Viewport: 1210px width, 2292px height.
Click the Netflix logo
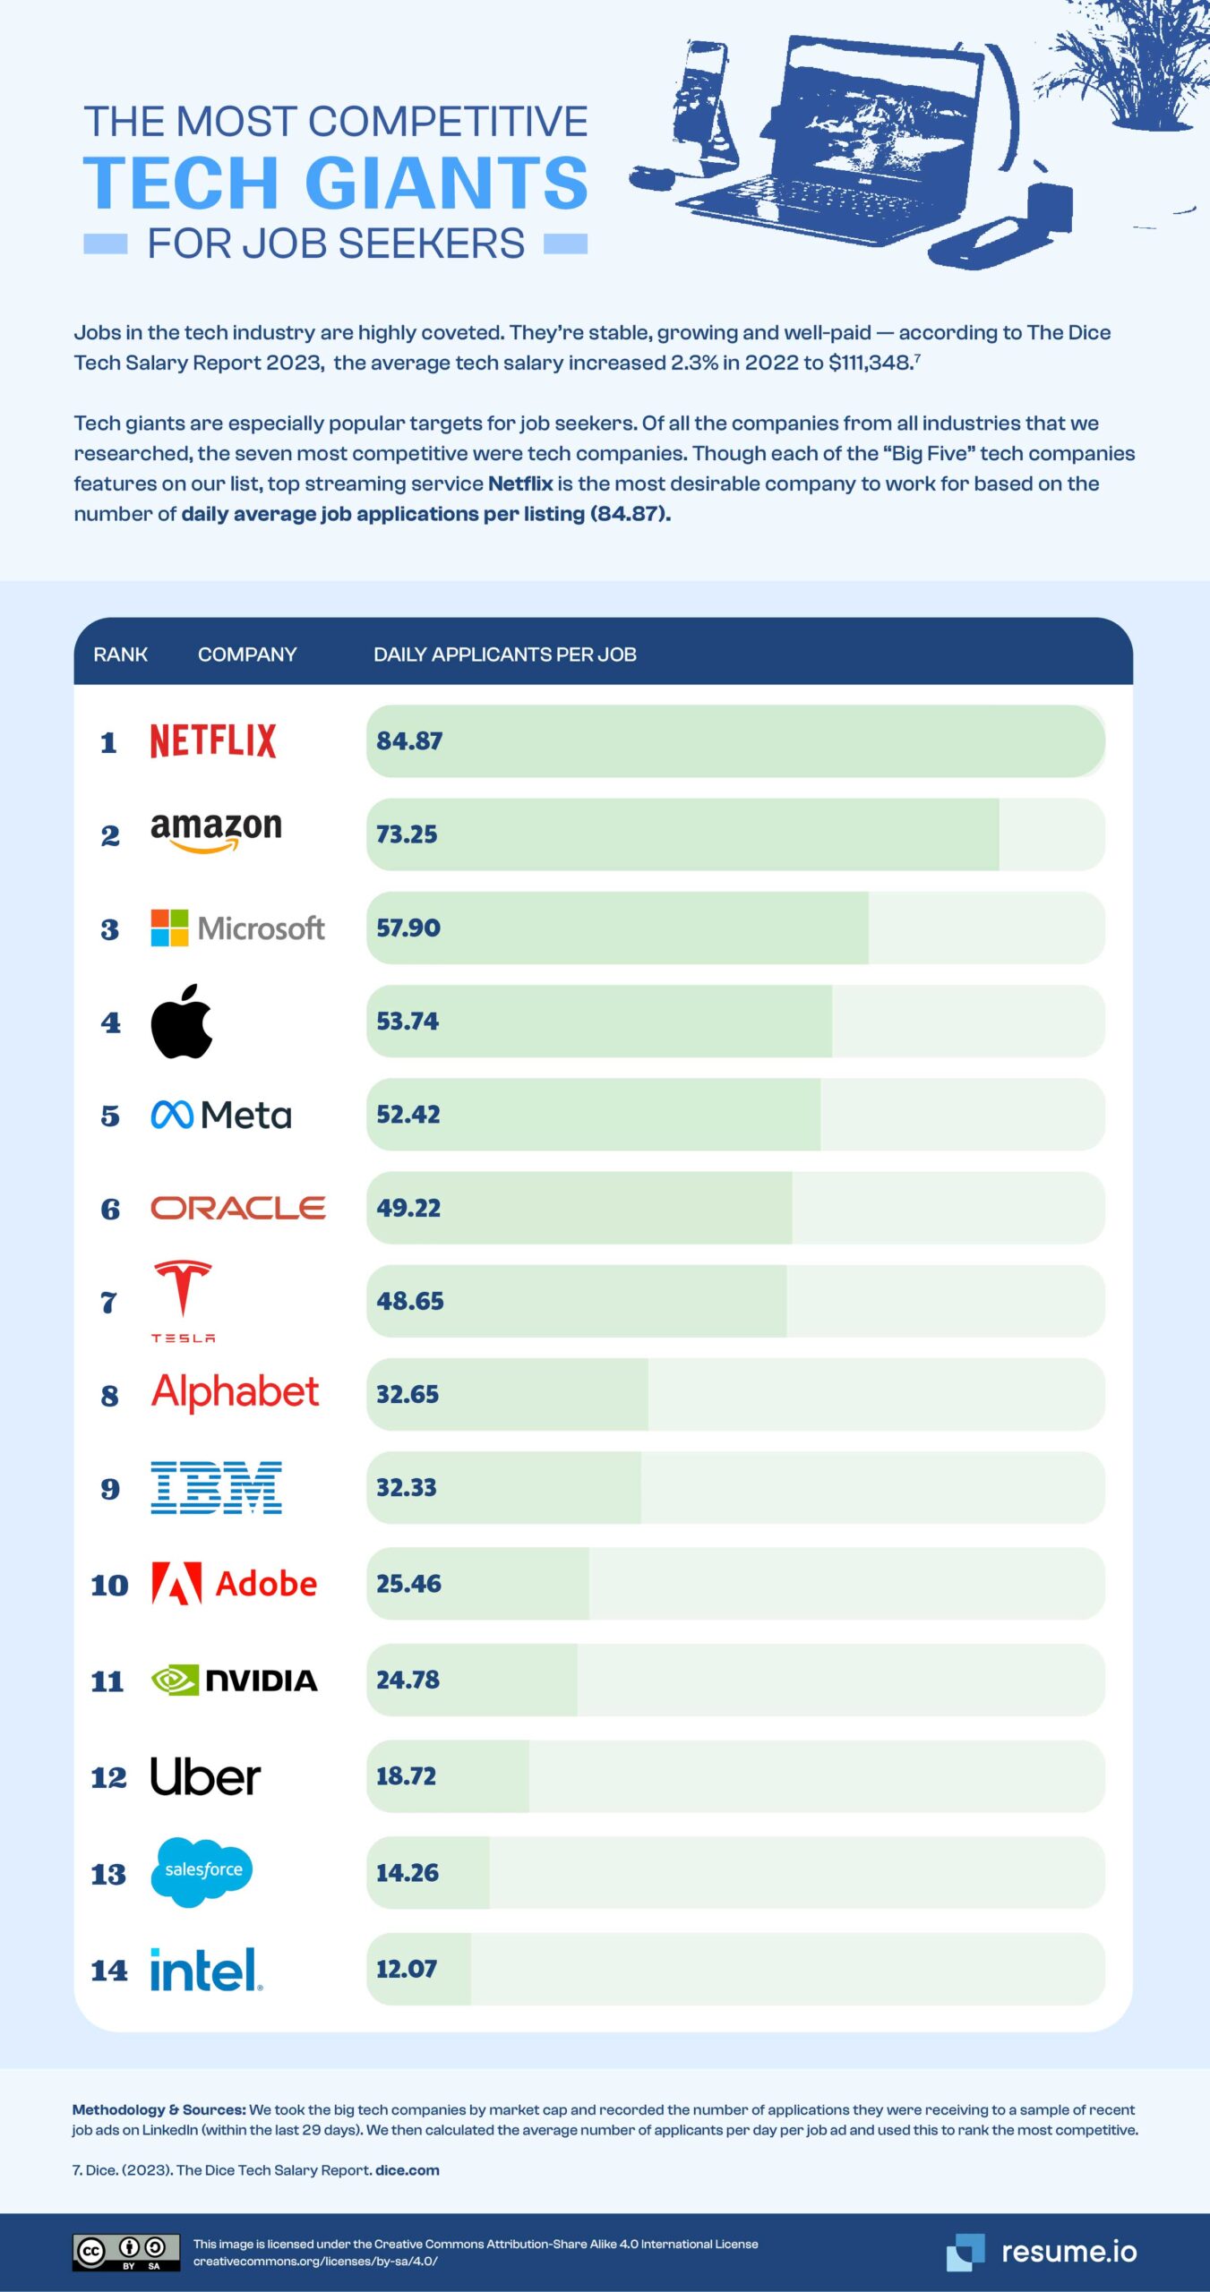point(213,740)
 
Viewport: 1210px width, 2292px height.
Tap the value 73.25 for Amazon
point(407,834)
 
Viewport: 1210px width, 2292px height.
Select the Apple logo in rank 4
point(182,1022)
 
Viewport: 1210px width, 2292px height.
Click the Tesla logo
point(183,1300)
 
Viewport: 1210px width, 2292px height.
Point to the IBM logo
point(216,1487)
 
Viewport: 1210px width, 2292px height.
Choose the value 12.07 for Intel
point(407,1968)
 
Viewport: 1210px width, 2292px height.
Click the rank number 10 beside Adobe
point(109,1585)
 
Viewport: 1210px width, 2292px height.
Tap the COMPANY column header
point(247,654)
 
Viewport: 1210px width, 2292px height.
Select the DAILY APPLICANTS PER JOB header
point(504,654)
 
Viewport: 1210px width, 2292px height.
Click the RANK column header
point(120,654)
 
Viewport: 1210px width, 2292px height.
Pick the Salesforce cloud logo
point(202,1871)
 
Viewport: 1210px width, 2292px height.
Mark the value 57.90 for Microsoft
point(408,928)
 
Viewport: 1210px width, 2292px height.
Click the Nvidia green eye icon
point(175,1681)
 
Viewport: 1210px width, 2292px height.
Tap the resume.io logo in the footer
point(1042,2251)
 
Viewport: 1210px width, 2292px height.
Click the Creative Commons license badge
point(125,2252)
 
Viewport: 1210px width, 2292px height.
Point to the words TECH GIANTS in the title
point(335,184)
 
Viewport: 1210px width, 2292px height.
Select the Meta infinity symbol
point(172,1115)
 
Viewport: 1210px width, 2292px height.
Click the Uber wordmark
point(205,1776)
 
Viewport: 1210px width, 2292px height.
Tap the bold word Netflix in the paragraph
point(520,483)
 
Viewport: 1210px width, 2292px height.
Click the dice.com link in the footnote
point(408,2170)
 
